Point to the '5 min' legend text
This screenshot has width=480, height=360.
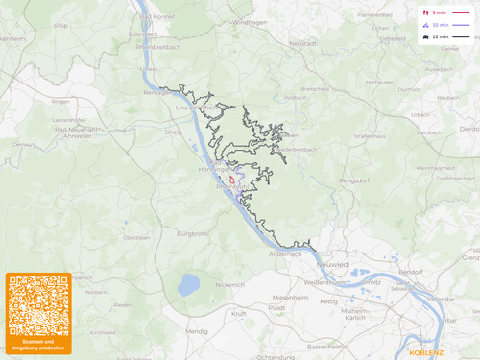coord(440,12)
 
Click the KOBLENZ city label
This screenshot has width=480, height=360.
coord(426,351)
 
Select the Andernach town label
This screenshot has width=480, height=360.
coord(284,253)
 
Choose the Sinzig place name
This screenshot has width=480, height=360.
coord(173,132)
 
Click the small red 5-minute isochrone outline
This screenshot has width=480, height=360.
coord(231,180)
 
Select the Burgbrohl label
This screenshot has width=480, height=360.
coord(193,233)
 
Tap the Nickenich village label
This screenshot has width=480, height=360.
coord(230,284)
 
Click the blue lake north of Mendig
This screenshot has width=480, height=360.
coord(189,284)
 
